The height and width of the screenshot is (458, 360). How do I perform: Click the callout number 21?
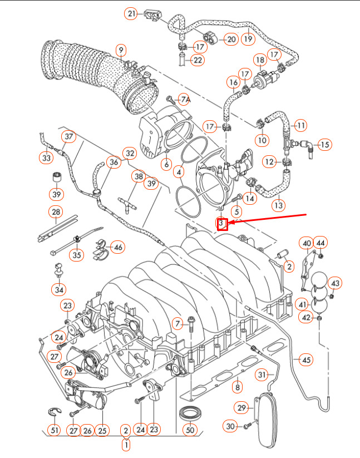pos(131,13)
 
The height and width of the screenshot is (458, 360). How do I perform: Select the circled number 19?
pos(248,39)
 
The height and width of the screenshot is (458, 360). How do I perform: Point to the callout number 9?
pos(120,50)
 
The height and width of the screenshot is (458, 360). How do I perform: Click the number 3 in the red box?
pos(221,224)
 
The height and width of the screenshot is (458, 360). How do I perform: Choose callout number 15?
pos(325,145)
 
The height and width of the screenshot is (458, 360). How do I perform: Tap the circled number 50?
pos(190,430)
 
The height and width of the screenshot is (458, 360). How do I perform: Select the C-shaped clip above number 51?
pos(53,412)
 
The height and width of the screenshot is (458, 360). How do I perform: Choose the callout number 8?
pos(238,387)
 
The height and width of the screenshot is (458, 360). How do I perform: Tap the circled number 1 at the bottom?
pos(126,445)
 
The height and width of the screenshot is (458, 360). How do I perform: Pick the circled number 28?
pos(56,212)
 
